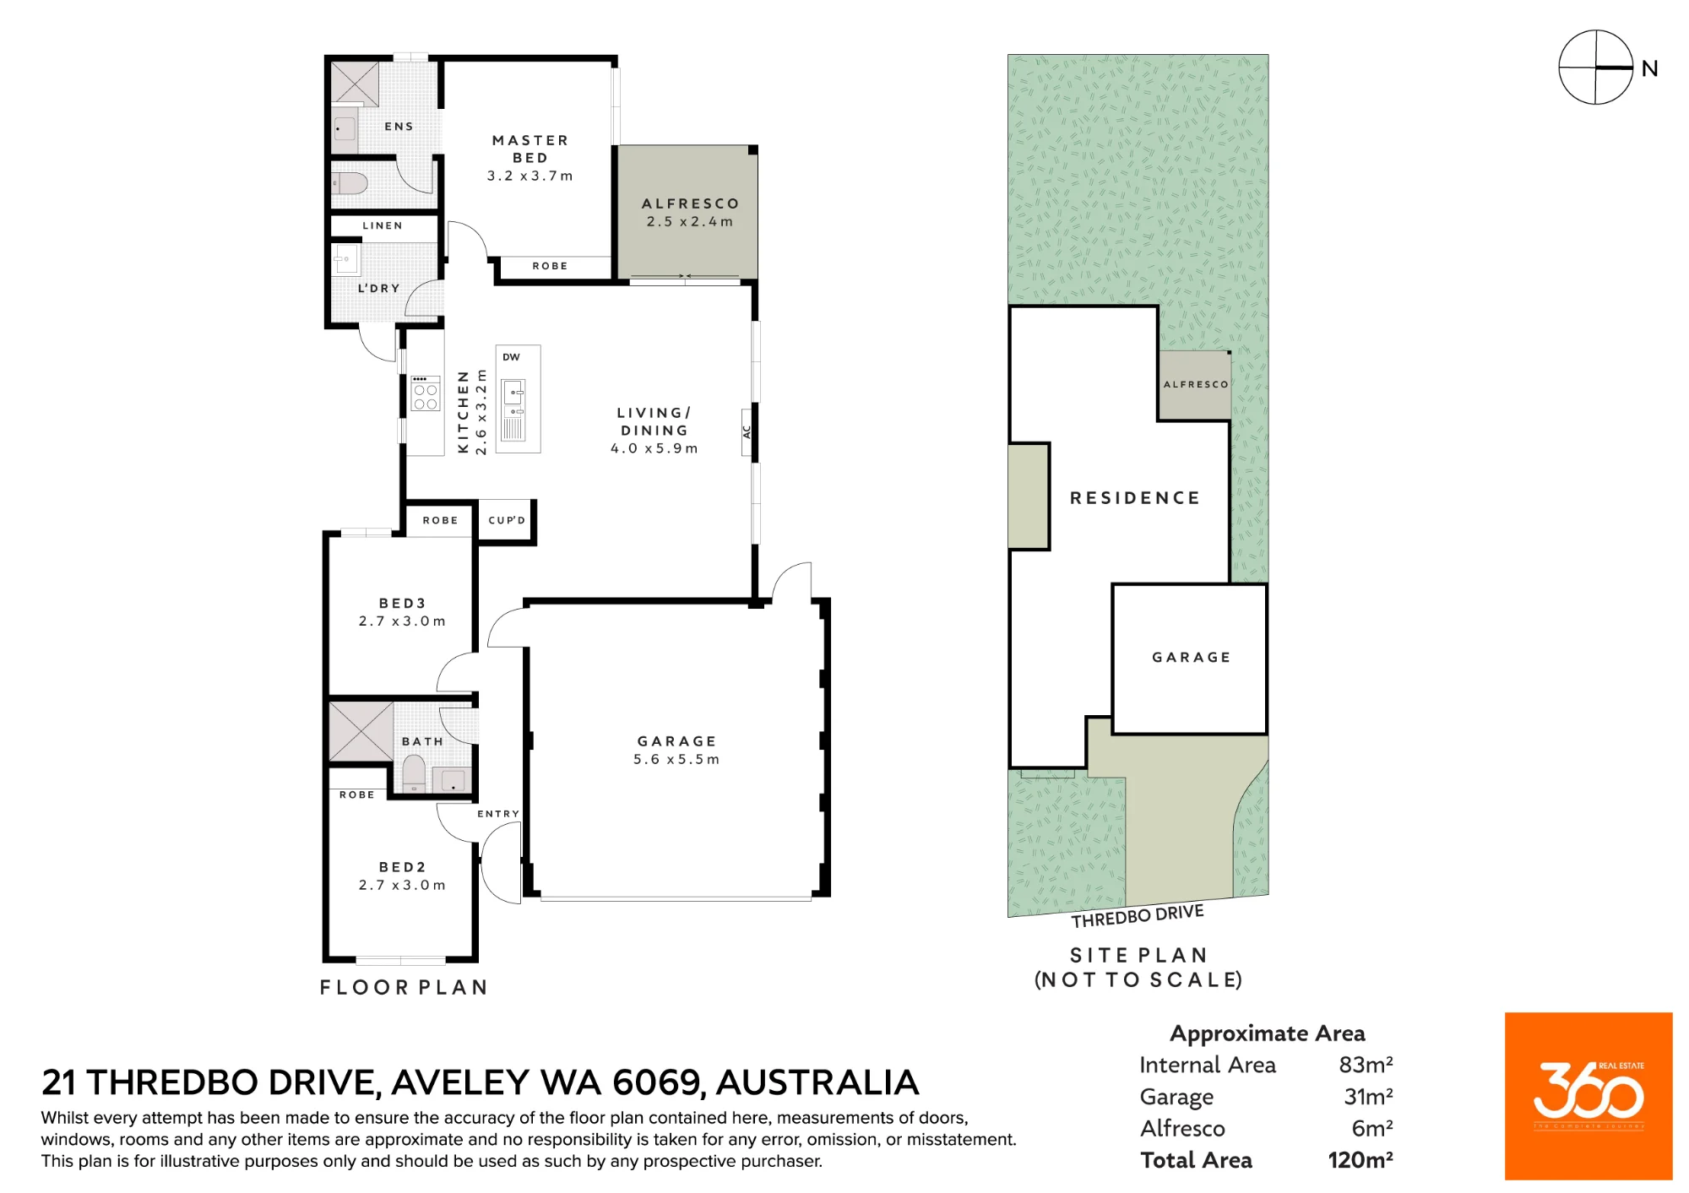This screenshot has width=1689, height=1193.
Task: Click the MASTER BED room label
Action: (x=530, y=149)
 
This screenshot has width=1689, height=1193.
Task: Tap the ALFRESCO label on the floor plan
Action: (x=690, y=203)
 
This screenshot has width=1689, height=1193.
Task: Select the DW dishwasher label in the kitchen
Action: (x=511, y=357)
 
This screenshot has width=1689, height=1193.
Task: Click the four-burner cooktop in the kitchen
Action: (x=425, y=393)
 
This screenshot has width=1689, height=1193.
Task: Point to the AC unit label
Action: (x=747, y=431)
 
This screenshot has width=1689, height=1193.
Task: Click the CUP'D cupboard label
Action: (x=507, y=520)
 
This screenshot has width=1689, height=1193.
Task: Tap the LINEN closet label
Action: (x=383, y=225)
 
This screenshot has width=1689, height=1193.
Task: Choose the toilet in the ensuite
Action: (x=349, y=183)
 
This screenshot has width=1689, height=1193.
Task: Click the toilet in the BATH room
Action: (x=414, y=773)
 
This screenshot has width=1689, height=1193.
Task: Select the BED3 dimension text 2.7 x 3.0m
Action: (x=402, y=621)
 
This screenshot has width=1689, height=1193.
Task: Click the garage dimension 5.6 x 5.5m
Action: (x=676, y=759)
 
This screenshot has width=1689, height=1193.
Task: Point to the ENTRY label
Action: (x=498, y=814)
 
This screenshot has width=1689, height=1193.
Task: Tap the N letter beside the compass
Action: (x=1649, y=68)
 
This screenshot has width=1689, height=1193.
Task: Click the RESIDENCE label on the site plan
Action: (x=1135, y=498)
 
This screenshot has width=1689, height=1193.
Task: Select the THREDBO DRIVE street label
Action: (x=1138, y=916)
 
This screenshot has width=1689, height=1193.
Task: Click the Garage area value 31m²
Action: (x=1368, y=1096)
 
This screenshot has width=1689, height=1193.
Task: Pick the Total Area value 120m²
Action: (x=1360, y=1160)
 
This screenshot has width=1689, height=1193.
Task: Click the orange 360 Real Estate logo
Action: (x=1589, y=1096)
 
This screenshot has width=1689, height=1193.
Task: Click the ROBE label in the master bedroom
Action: (x=550, y=266)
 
